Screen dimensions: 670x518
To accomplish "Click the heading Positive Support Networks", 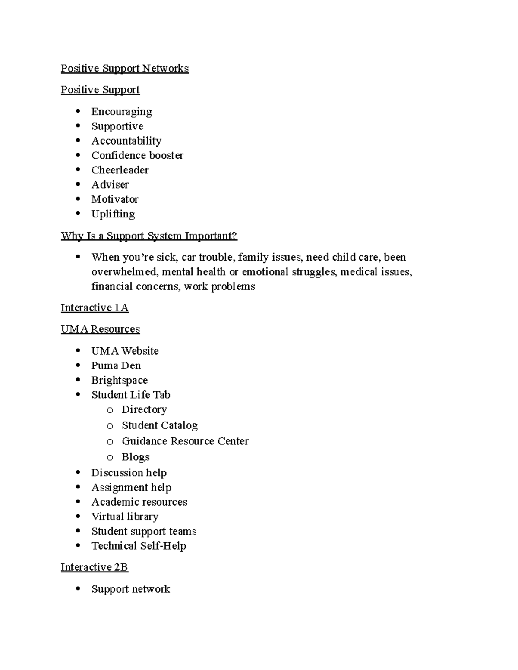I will coord(124,69).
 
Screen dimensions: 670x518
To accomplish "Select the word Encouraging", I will coord(121,112).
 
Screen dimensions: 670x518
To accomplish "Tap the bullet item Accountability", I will coord(126,141).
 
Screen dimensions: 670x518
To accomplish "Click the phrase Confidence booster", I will coord(137,155).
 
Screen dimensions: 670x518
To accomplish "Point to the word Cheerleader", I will coord(120,170).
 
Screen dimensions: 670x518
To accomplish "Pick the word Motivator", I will coord(114,199).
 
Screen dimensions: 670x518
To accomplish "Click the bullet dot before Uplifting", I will coord(78,214).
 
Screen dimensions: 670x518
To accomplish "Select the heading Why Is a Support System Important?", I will coord(149,236).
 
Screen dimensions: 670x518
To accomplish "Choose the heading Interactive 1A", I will coord(95,308).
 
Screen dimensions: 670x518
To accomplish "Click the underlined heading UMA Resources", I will coord(100,329).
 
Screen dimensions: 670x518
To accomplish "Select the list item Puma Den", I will coord(116,366).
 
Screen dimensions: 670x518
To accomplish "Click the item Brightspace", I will coord(119,381).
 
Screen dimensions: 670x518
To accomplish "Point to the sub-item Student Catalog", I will coord(159,425).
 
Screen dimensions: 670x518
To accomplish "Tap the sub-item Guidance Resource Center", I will coord(185,441).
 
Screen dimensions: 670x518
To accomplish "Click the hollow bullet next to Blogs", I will coord(110,457).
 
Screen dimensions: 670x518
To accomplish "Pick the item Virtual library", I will coord(124,517).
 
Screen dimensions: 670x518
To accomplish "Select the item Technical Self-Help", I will coord(138,546).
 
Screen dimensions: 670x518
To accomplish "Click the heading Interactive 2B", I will coord(94,567).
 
